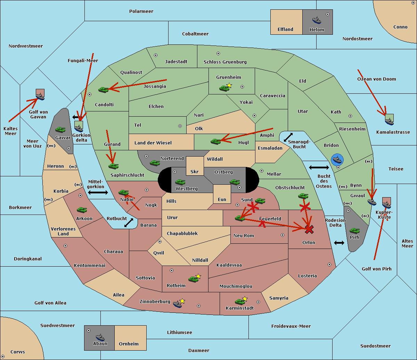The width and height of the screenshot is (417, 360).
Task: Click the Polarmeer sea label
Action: click(141, 11)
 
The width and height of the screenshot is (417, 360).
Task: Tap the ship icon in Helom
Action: click(317, 20)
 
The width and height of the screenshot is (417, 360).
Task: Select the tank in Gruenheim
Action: click(224, 88)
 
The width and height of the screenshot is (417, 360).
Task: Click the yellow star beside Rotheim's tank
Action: click(198, 276)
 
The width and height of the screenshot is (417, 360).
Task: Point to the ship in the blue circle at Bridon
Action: click(337, 160)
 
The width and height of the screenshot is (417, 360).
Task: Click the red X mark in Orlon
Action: click(309, 229)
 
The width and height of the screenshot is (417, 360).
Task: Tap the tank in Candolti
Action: click(104, 90)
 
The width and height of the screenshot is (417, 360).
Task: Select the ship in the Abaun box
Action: click(100, 337)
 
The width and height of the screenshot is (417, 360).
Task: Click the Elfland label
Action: click(285, 30)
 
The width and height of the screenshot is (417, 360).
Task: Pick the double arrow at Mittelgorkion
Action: click(98, 192)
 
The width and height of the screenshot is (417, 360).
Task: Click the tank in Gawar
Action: click(60, 130)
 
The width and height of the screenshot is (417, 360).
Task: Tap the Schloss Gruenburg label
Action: click(225, 62)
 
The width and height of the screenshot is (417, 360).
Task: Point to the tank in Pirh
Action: click(354, 231)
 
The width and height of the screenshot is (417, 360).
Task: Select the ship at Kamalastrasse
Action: click(390, 121)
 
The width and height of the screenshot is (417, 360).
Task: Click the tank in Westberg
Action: click(180, 182)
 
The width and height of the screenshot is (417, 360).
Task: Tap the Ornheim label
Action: click(129, 344)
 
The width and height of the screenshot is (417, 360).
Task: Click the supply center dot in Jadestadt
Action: click(156, 55)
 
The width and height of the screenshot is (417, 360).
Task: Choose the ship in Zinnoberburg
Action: click(178, 304)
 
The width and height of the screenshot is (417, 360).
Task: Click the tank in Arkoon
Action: click(82, 210)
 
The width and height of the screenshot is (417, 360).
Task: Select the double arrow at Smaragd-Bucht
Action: click(288, 137)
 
